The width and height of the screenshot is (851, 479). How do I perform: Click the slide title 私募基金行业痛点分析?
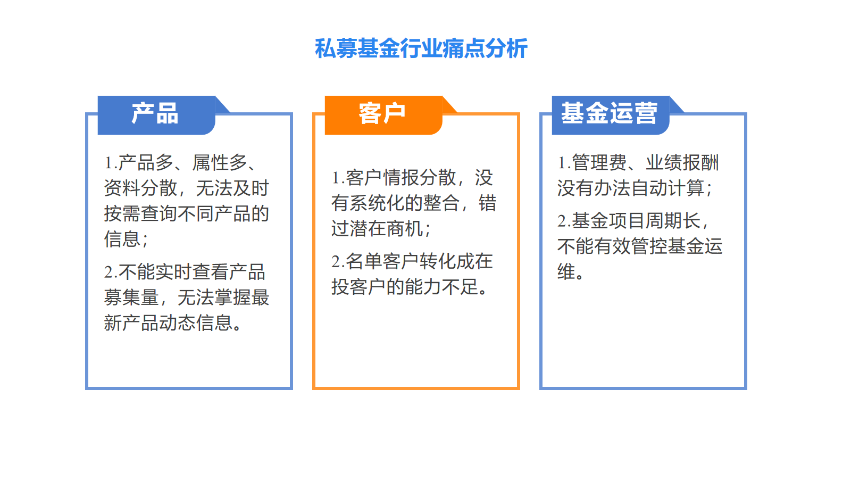point(421,48)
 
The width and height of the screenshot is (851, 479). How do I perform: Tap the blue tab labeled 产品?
point(156,115)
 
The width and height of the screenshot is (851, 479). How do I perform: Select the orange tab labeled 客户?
point(383,115)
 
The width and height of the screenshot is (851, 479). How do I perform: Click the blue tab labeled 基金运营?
point(611,115)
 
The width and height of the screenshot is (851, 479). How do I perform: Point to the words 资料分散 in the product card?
point(140,188)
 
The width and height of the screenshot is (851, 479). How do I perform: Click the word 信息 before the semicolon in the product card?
point(122,239)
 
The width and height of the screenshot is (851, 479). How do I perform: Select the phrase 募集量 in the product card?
point(131,298)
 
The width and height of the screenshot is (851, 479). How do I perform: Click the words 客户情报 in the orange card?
point(382,178)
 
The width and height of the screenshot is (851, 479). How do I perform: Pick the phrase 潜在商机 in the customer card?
point(387,228)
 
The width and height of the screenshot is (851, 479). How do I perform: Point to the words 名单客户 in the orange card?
point(382,261)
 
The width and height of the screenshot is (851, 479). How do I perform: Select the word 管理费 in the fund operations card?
point(599,162)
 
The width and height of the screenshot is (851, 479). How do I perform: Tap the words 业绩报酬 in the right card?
point(682,162)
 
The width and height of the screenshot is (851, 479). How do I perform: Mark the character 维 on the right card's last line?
point(566,272)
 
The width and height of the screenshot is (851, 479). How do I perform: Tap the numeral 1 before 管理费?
point(562,163)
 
